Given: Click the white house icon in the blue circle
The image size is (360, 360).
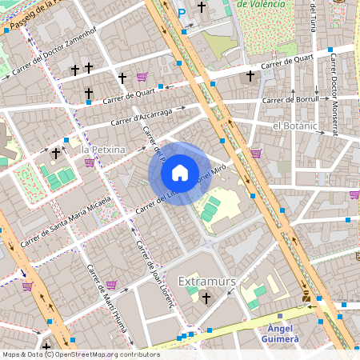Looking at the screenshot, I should click(180, 173).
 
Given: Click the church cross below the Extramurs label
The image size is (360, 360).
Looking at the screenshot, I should click(206, 298).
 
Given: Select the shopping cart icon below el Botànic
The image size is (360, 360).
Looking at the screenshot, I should click(256, 153).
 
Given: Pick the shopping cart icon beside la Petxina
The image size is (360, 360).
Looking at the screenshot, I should click(89, 162).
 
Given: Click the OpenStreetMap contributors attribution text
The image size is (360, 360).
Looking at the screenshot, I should click(80, 354).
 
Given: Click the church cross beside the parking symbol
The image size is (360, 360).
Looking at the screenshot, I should click(202, 8).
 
